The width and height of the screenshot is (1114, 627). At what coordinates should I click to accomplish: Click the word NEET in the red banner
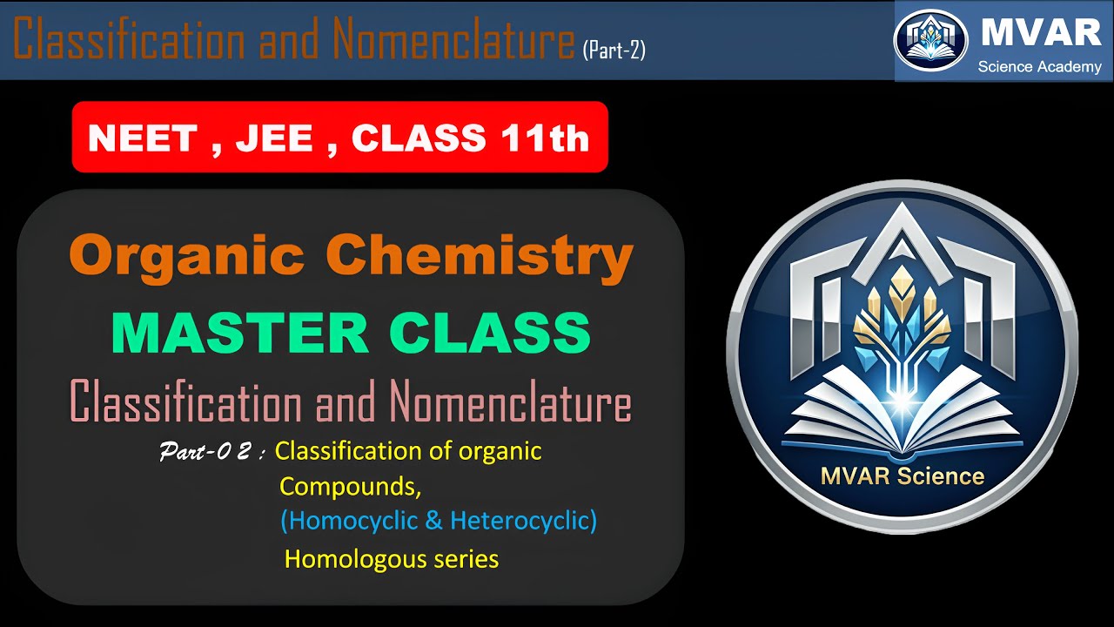pos(140,138)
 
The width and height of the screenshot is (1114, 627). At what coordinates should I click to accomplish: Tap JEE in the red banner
pos(274,138)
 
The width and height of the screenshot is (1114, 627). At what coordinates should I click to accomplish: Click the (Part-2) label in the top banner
pos(614,51)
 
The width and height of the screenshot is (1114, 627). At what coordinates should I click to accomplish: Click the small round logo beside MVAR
pos(930,40)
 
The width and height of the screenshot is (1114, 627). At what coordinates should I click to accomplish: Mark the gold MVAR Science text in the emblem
pos(902,476)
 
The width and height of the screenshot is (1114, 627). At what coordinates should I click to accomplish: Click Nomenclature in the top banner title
pos(453,40)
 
